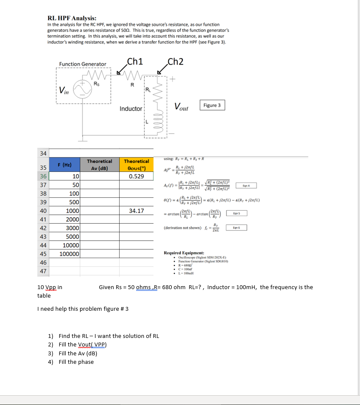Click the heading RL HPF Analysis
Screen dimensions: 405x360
(72, 18)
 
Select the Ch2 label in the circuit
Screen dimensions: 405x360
(176, 61)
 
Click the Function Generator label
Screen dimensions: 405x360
(83, 64)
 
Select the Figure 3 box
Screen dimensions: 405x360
(212, 105)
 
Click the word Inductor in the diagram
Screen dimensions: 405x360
(131, 109)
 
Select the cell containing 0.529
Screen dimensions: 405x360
(136, 176)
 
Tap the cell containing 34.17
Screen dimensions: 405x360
(136, 211)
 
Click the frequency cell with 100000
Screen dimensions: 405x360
(69, 254)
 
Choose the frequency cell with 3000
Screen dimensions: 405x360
(71, 228)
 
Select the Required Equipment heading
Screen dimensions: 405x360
(184, 253)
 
